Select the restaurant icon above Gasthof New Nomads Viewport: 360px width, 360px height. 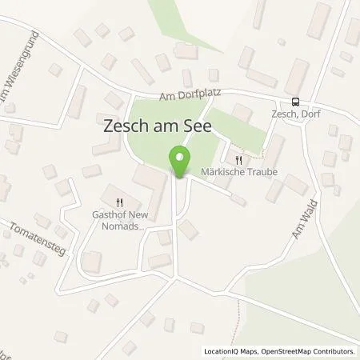tap(120, 202)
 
